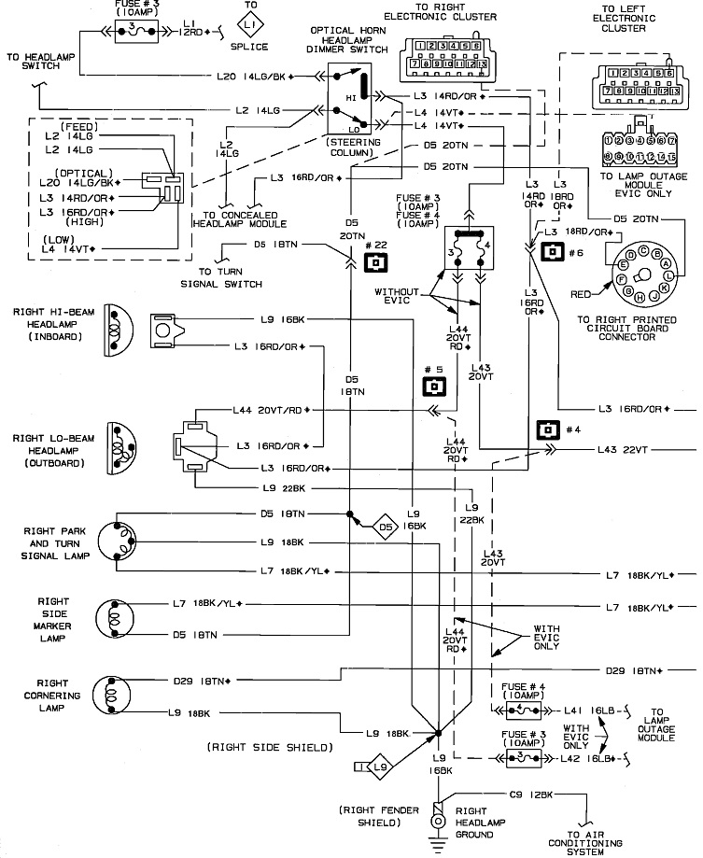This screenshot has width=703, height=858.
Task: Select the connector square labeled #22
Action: [x=375, y=261]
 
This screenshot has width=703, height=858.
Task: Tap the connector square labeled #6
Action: [x=553, y=251]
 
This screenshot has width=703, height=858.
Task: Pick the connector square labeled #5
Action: [x=433, y=387]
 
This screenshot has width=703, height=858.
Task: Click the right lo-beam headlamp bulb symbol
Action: [x=119, y=439]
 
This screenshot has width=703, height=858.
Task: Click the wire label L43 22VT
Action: [x=623, y=450]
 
